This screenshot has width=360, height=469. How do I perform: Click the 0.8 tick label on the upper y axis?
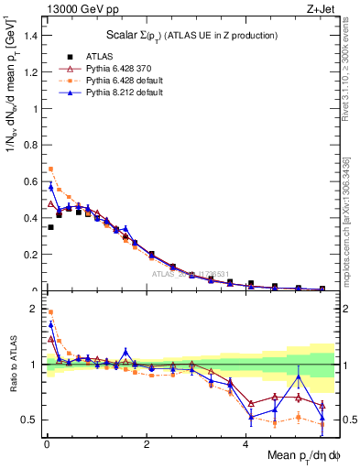[x=31, y=145]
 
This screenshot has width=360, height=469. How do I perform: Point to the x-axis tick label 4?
[x=245, y=444]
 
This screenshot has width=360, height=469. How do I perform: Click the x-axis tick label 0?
[x=46, y=444]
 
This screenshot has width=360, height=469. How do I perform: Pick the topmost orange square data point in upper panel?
[x=50, y=169]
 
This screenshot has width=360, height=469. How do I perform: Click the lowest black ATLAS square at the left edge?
[x=50, y=226]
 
